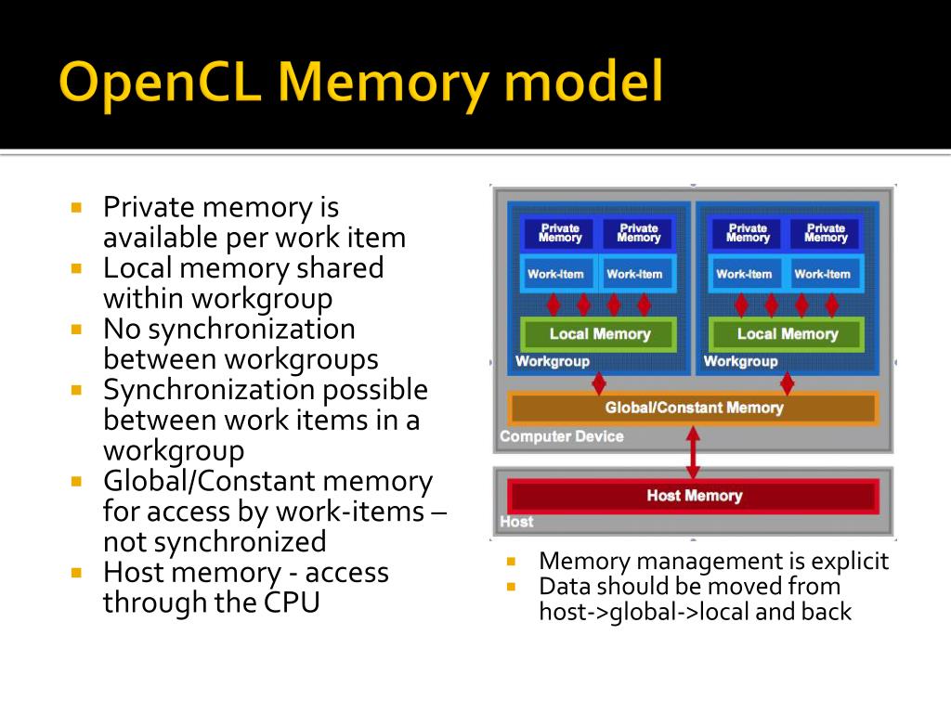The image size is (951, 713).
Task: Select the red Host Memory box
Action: coord(693,496)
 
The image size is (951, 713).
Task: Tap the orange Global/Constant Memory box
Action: coord(693,408)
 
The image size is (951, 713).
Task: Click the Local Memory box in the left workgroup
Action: coord(599,334)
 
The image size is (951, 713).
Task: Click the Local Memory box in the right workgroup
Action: coord(787,334)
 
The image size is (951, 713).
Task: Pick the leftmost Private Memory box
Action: coord(560,233)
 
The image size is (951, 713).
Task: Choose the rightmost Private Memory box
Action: coord(826,233)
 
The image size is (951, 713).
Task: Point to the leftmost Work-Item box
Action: coord(555,274)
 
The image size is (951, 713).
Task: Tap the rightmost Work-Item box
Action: coord(822,274)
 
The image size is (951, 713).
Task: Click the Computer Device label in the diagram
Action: coord(561,436)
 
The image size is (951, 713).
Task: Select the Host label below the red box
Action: coord(516,522)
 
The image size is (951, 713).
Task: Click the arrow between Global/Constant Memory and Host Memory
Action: coord(693,452)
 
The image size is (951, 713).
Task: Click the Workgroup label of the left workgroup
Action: coord(552,361)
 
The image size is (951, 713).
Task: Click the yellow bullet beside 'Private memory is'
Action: coord(77,207)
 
